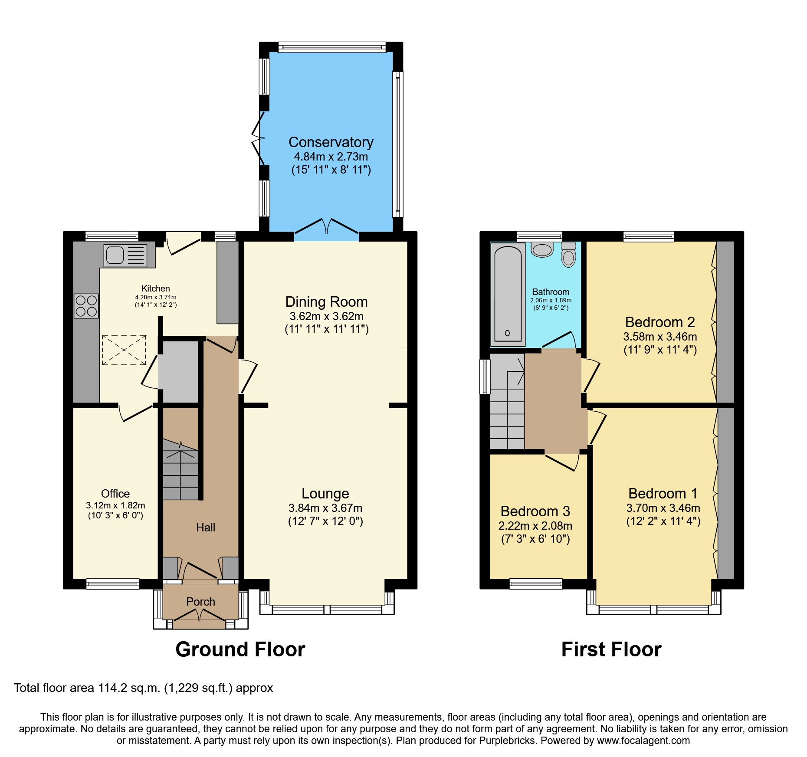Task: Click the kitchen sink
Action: pyautogui.click(x=125, y=255)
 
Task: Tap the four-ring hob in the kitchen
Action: pyautogui.click(x=86, y=306)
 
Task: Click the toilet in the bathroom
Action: pyautogui.click(x=568, y=254)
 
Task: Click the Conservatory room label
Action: pyautogui.click(x=331, y=142)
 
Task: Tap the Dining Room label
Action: pyautogui.click(x=326, y=302)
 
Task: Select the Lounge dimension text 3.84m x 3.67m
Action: pyautogui.click(x=325, y=508)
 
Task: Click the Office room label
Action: pyautogui.click(x=115, y=494)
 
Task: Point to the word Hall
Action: pyautogui.click(x=206, y=528)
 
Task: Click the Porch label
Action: pyautogui.click(x=200, y=602)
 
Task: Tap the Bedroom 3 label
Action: pyautogui.click(x=535, y=511)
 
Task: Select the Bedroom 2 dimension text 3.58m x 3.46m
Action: pyautogui.click(x=660, y=337)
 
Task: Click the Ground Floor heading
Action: pyautogui.click(x=240, y=649)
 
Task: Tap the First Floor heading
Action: pyautogui.click(x=611, y=649)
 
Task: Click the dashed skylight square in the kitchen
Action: pyautogui.click(x=124, y=350)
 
